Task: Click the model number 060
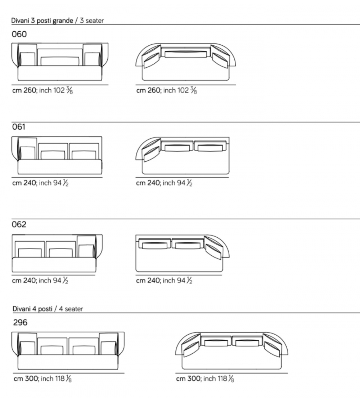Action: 19,34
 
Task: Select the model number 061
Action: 18,127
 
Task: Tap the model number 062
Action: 19,224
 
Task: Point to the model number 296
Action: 20,322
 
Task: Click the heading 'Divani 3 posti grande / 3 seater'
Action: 58,21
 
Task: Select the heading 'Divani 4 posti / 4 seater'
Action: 48,309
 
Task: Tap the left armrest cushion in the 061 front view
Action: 27,153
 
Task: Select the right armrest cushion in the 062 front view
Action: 86,251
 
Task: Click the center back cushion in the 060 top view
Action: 185,54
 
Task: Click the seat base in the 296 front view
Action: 68,362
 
